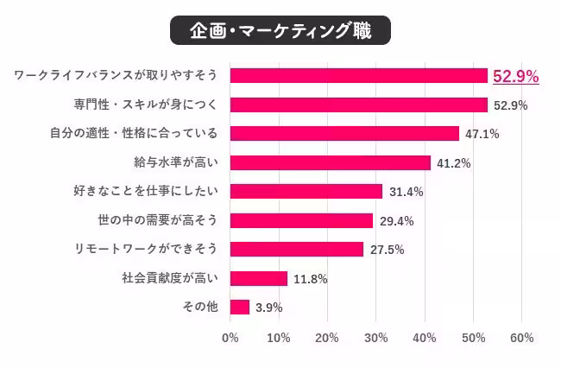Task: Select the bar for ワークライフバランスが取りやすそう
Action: (359, 76)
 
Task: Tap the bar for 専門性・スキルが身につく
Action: (359, 105)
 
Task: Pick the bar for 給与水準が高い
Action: (331, 162)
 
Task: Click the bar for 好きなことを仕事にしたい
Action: (306, 192)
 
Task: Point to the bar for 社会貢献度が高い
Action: (259, 278)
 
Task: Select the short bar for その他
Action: (240, 307)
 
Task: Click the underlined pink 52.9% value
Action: (515, 77)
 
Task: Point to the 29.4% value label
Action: (396, 221)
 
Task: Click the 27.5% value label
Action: (387, 250)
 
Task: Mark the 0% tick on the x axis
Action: (230, 338)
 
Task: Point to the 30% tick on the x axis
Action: (375, 338)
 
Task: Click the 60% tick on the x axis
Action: (521, 338)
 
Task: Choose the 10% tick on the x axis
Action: (279, 338)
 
